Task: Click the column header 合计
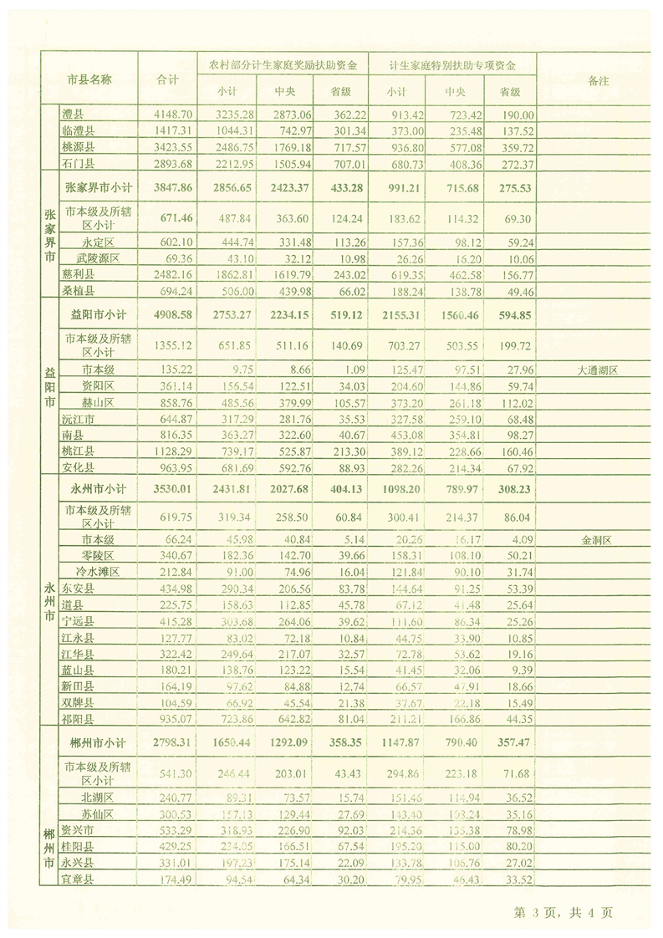coord(169,79)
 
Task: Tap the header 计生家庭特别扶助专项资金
coord(452,64)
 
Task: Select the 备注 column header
coord(598,79)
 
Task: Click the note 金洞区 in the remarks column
coord(597,540)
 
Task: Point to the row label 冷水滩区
coord(99,572)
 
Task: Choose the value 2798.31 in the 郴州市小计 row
coord(174,741)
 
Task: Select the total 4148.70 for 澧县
coord(174,114)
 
